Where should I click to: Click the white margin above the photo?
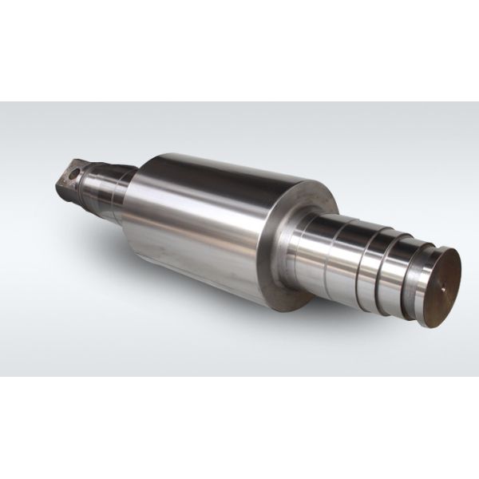pyautogui.click(x=239, y=48)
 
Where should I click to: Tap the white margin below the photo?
pyautogui.click(x=239, y=431)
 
